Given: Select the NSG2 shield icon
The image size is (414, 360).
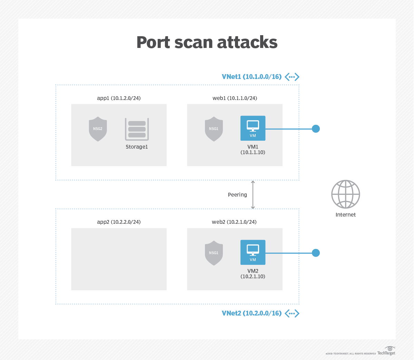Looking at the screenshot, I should click(98, 129).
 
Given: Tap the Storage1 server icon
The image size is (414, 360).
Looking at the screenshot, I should click(137, 129).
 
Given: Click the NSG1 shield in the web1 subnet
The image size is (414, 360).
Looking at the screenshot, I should click(214, 129).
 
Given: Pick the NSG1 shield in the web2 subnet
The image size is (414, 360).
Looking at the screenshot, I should click(214, 253).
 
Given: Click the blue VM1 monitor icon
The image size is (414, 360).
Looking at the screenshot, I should click(253, 128).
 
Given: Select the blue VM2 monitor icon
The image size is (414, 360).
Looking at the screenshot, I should click(253, 252).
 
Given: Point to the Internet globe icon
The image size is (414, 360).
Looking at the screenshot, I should click(346, 194).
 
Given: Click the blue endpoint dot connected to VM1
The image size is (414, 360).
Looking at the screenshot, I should click(316, 129).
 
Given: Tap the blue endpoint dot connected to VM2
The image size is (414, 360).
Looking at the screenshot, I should click(316, 253).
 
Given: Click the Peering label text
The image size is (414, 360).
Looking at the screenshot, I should click(237, 195).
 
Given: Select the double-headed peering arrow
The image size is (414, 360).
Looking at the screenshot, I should click(253, 195).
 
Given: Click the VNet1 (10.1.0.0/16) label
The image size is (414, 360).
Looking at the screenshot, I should click(252, 77).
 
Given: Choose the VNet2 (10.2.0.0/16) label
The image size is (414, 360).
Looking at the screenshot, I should click(252, 313).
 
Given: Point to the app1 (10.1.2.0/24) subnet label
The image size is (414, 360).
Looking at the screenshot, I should click(119, 98).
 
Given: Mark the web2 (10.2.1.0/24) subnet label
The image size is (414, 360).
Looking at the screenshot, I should click(234, 222).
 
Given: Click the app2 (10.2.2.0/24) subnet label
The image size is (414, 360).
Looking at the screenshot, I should click(119, 222).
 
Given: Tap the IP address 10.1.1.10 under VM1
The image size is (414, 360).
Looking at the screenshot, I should click(253, 152).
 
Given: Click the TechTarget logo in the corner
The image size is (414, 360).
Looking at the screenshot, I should click(386, 351).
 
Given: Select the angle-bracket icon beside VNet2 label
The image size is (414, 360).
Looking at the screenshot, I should click(292, 313).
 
